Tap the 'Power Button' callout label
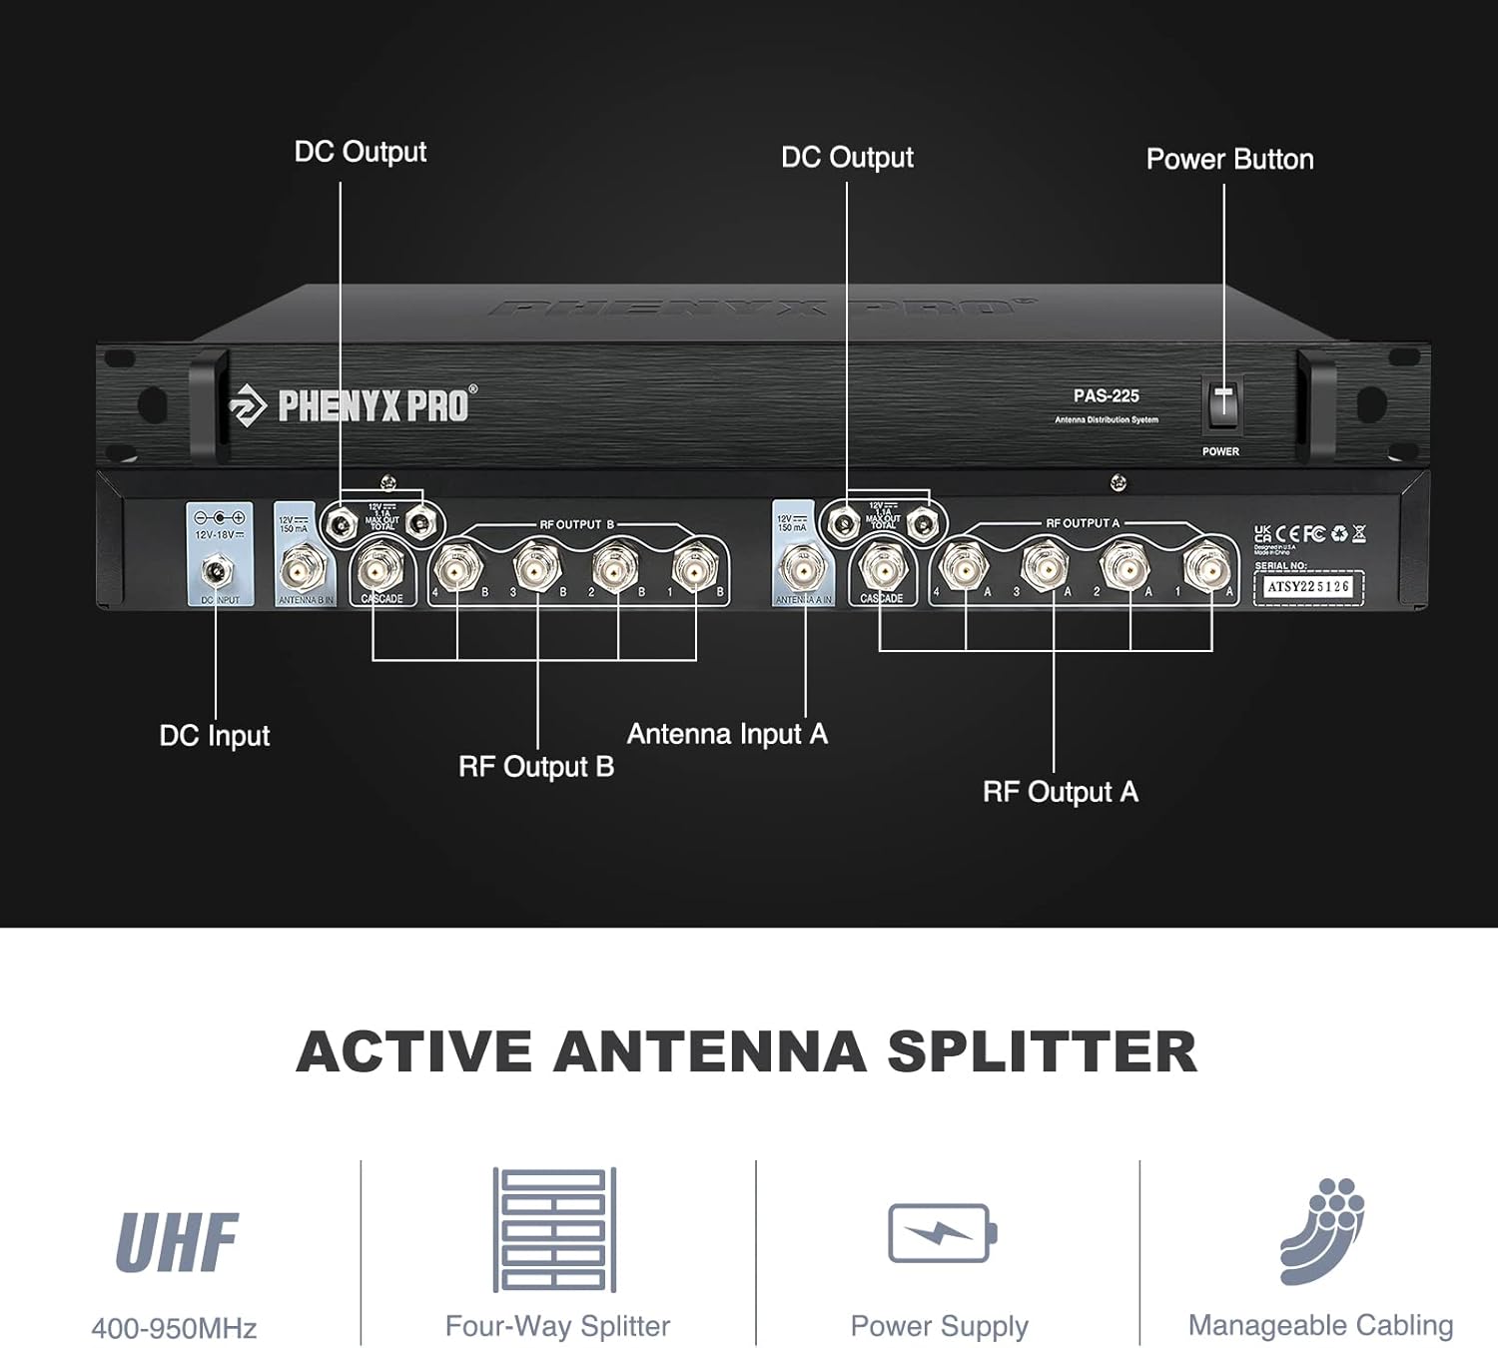click(x=1229, y=160)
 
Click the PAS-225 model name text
click(x=1106, y=396)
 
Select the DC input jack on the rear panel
click(x=214, y=572)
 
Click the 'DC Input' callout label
click(x=215, y=736)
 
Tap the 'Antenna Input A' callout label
click(x=727, y=735)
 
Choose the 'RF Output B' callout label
click(x=536, y=767)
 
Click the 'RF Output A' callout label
click(x=1060, y=793)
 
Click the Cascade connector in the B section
click(x=379, y=570)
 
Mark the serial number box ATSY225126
click(x=1307, y=587)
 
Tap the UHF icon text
click(x=177, y=1243)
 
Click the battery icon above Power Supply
click(x=942, y=1233)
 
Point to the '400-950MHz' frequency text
click(x=175, y=1328)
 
